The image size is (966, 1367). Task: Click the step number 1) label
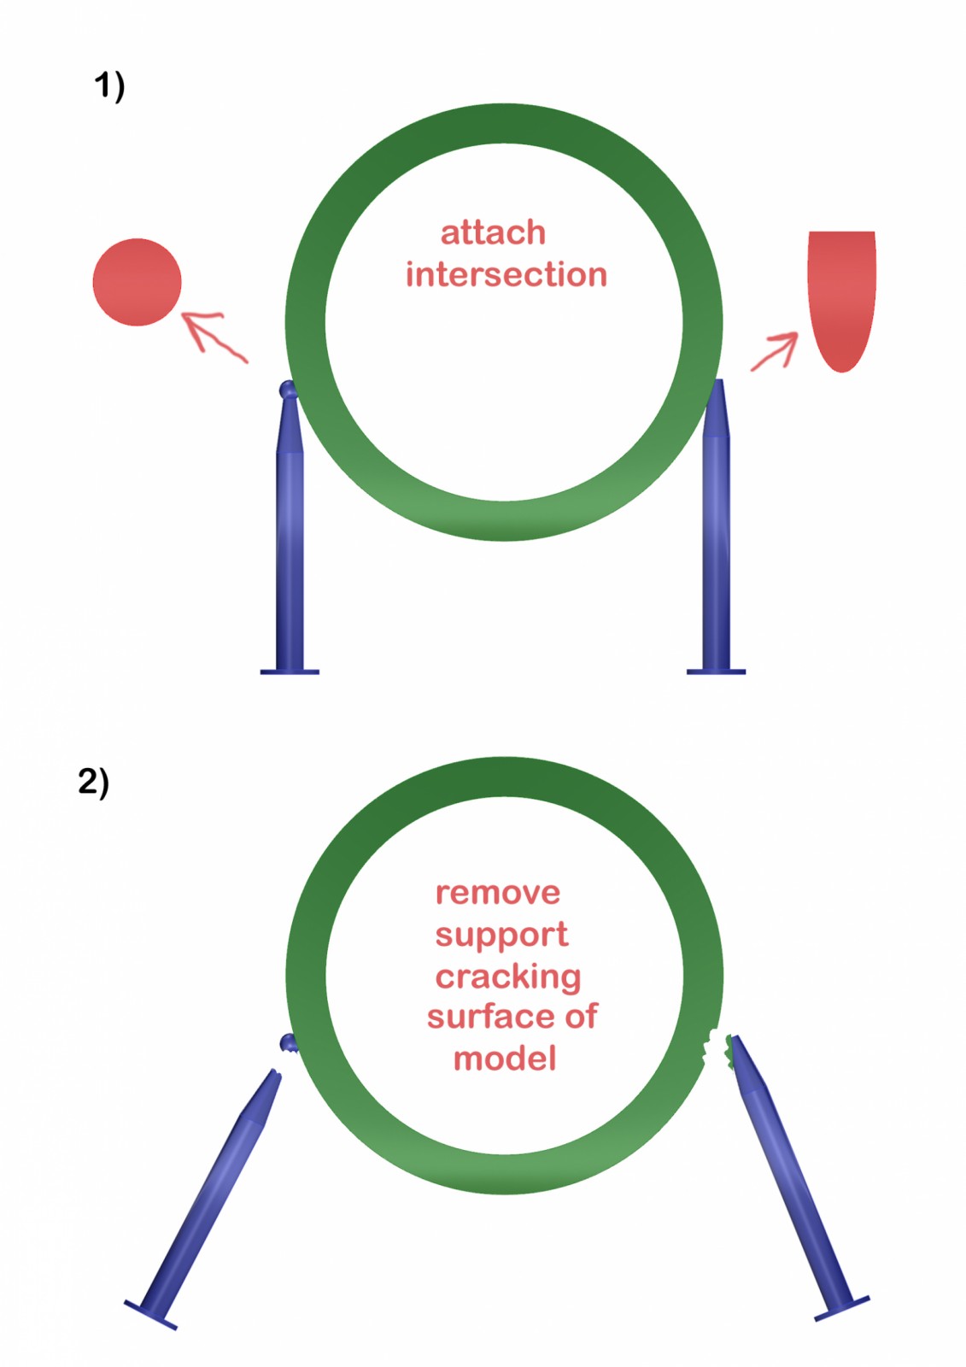point(109,86)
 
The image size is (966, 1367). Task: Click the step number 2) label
point(94,782)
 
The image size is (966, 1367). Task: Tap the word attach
point(493,232)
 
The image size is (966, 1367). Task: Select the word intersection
point(506,275)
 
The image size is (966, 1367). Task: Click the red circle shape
point(137,282)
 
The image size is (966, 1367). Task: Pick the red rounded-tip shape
point(842,295)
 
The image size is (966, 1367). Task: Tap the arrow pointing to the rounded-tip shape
point(775,352)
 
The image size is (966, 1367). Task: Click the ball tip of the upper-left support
point(289,391)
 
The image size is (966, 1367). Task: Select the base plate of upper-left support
point(290,672)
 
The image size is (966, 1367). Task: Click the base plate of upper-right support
point(716,672)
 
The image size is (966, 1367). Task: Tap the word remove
point(498,893)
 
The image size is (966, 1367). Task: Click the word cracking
point(508,976)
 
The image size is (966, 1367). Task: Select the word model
point(505,1059)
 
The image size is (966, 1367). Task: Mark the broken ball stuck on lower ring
point(289,1043)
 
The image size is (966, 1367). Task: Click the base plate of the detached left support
point(150,1315)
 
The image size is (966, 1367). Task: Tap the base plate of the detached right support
point(842,1308)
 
